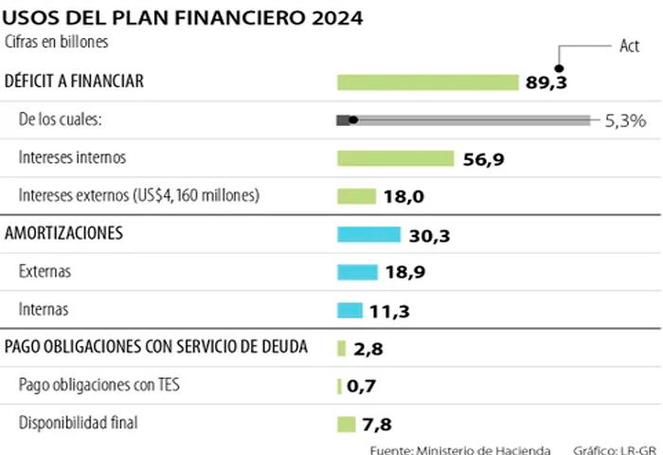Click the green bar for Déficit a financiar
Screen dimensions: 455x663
[x=427, y=82]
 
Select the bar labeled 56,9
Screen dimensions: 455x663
[x=396, y=158]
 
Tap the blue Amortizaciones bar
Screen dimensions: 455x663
[x=368, y=234]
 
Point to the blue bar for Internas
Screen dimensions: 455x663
[x=349, y=310]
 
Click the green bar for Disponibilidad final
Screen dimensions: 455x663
[x=346, y=424]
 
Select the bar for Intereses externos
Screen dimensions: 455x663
[x=357, y=196]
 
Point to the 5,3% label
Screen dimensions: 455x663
[x=625, y=120]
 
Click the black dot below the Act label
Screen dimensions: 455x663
[x=559, y=67]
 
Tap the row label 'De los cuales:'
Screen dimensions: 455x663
[x=61, y=119]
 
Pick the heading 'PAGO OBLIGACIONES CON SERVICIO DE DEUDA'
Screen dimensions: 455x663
[x=156, y=347]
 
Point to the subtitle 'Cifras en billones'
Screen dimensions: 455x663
[x=57, y=42]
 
